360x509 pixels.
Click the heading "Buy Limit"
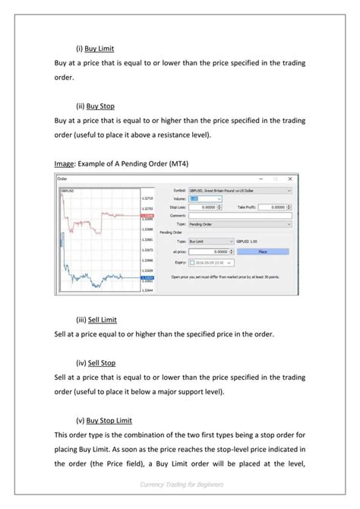click(x=99, y=47)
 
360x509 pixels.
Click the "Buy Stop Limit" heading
click(x=109, y=420)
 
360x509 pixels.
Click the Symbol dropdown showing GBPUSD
click(x=239, y=191)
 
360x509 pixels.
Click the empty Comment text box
click(x=239, y=216)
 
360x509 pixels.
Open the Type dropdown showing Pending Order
click(x=239, y=225)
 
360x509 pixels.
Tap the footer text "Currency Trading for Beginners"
click(x=180, y=485)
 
